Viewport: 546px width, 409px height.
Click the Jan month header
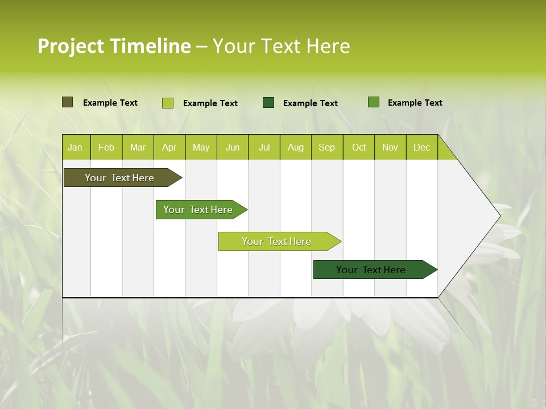click(75, 148)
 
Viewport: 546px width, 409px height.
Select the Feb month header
click(106, 148)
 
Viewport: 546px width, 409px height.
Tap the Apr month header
click(169, 148)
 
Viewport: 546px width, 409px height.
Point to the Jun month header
click(233, 148)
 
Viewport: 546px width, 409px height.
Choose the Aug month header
click(295, 148)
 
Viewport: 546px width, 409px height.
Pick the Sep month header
click(326, 148)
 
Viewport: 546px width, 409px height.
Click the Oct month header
click(359, 148)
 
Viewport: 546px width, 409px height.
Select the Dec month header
click(421, 148)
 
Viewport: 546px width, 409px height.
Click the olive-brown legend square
click(67, 102)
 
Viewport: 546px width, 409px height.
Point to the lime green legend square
click(168, 103)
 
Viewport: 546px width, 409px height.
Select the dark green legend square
click(268, 103)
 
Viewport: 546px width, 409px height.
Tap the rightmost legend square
click(374, 102)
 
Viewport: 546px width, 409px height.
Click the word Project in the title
click(71, 46)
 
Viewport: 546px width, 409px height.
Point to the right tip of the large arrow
click(499, 215)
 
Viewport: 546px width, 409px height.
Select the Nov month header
click(390, 148)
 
